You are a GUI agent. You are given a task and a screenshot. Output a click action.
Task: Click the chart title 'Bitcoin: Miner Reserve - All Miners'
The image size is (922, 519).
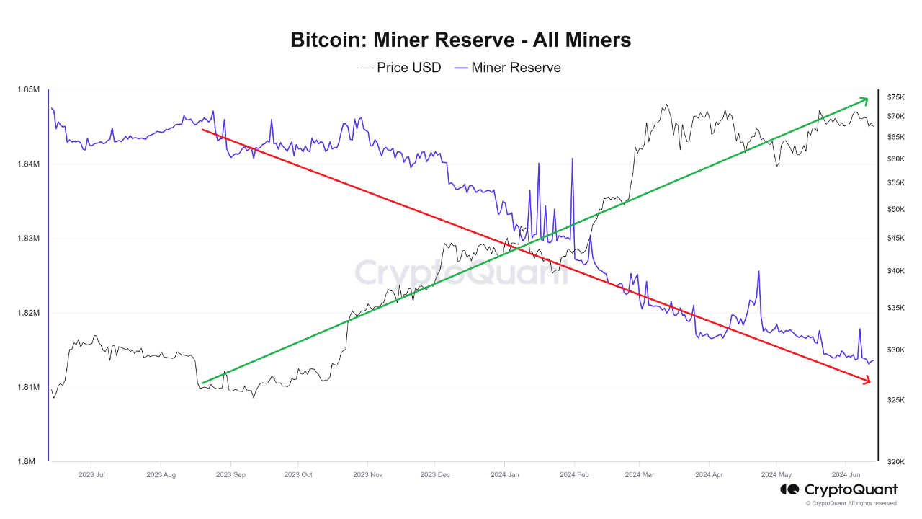click(x=460, y=40)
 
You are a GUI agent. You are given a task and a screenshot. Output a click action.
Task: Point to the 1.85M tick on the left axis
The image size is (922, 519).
click(x=28, y=90)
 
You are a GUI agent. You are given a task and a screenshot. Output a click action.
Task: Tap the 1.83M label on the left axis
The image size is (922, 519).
click(x=28, y=239)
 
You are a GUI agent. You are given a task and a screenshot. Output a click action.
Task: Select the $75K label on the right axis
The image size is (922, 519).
click(x=895, y=97)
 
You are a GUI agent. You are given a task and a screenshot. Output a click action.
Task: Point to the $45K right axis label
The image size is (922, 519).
click(x=895, y=239)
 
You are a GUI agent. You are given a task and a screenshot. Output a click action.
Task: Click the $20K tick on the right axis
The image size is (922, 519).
click(x=895, y=461)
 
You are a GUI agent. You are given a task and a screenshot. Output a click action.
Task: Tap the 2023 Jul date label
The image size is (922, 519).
click(x=91, y=475)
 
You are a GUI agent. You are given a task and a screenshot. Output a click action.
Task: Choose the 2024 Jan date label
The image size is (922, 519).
click(x=504, y=475)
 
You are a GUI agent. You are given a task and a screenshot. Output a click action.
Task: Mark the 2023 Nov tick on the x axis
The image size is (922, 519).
click(x=367, y=475)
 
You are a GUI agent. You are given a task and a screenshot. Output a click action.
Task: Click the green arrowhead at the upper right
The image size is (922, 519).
click(x=865, y=99)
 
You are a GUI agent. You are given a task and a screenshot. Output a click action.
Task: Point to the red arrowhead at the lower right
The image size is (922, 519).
click(x=866, y=381)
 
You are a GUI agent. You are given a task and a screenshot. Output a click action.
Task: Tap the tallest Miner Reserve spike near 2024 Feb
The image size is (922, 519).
click(x=573, y=159)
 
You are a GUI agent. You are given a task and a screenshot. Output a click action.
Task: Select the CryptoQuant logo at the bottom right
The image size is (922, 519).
click(x=839, y=489)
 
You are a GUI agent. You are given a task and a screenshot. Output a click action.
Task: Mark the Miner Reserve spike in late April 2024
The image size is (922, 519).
click(x=758, y=272)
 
